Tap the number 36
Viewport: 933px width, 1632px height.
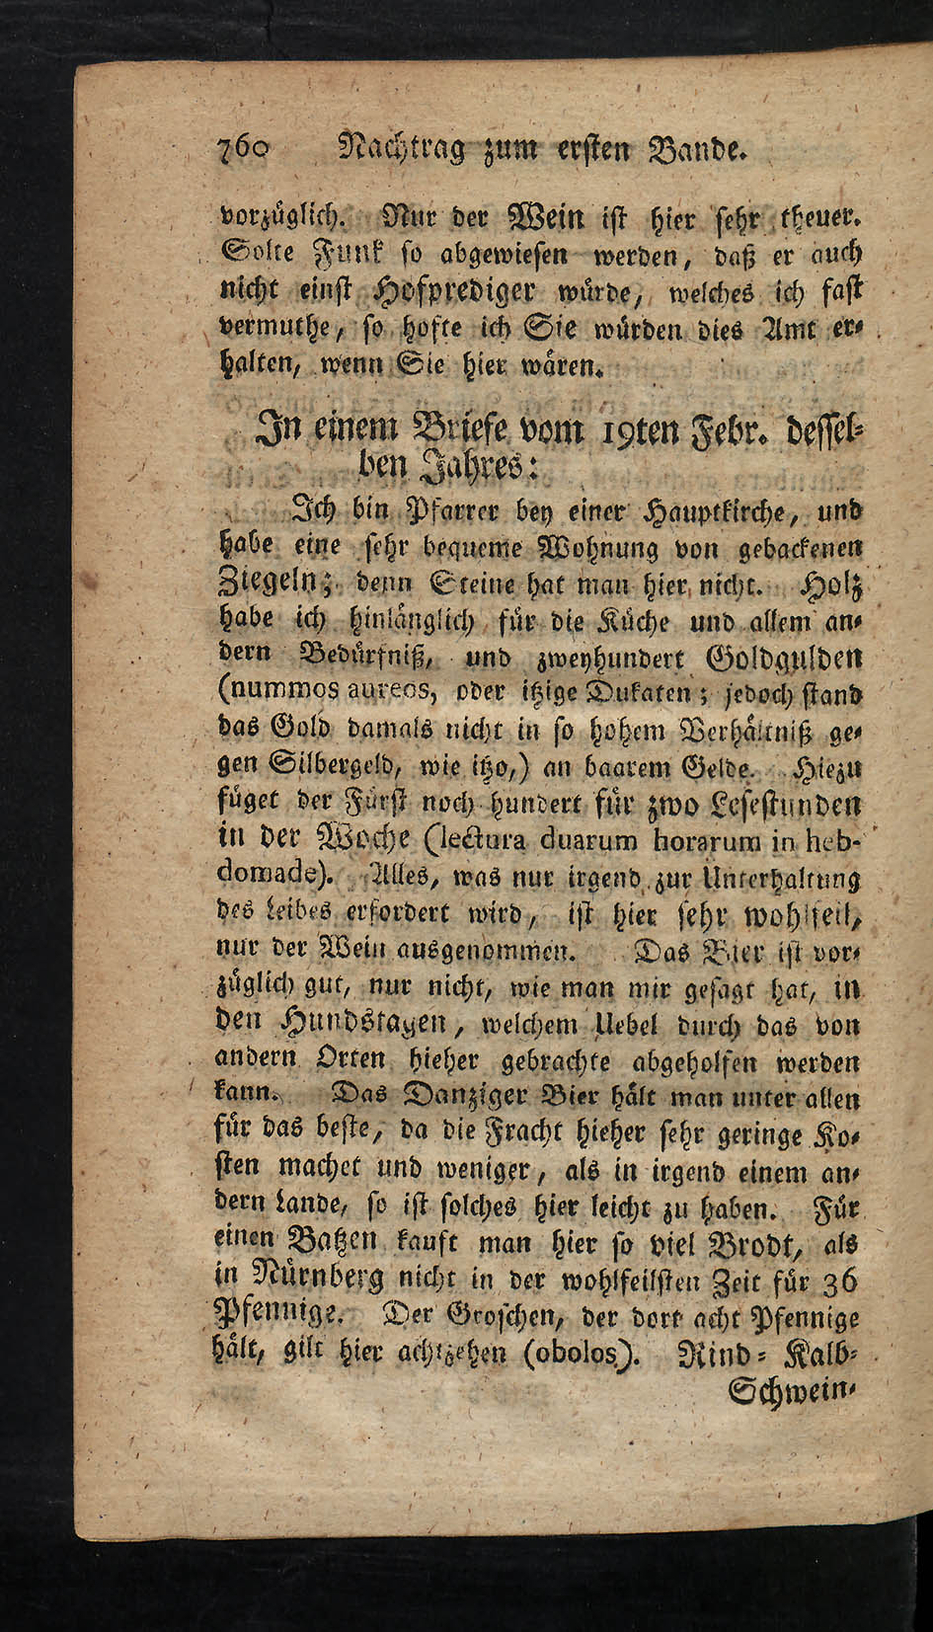point(839,1282)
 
